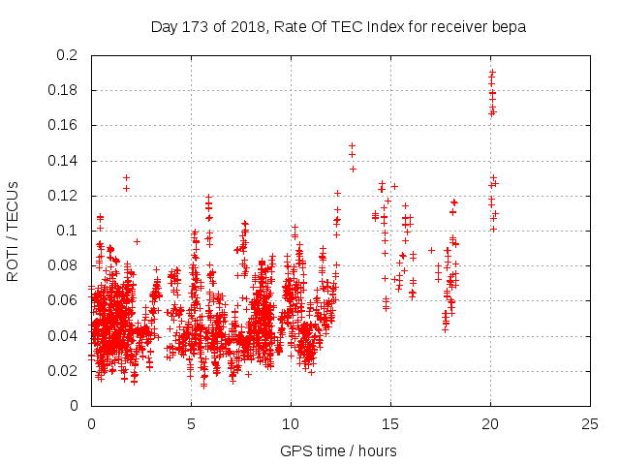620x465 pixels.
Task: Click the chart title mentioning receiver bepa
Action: [x=338, y=27]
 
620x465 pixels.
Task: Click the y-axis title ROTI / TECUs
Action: [x=14, y=231]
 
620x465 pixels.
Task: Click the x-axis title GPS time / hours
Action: [x=338, y=450]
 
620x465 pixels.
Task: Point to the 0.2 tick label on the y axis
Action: [x=68, y=55]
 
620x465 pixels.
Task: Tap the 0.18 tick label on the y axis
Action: [x=64, y=90]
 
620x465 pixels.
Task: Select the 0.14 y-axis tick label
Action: [x=64, y=161]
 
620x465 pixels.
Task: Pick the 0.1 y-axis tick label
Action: [x=68, y=231]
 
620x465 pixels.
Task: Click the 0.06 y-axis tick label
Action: [x=64, y=300]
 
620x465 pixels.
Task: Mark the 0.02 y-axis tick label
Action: [x=64, y=370]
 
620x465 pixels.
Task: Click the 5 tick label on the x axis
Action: [x=191, y=424]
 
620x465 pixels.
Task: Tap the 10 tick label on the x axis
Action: [x=291, y=424]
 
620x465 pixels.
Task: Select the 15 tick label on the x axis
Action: [x=390, y=424]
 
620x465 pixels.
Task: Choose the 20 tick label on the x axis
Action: [x=490, y=424]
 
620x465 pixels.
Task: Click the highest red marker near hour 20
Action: [x=492, y=72]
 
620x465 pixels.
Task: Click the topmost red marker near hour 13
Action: [x=352, y=145]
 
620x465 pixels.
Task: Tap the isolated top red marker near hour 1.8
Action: [x=126, y=177]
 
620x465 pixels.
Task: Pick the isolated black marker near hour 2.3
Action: [x=137, y=240]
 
